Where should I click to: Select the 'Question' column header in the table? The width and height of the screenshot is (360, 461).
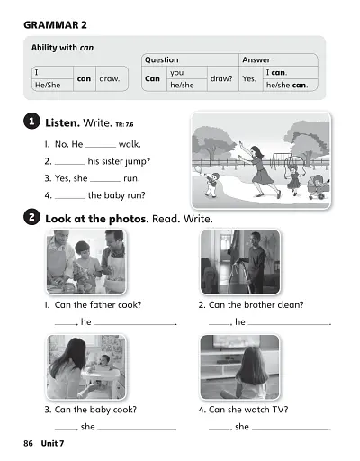pyautogui.click(x=162, y=60)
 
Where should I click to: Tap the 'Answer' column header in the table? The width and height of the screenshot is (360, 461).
pyautogui.click(x=256, y=60)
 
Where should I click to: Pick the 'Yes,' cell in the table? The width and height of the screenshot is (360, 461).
pyautogui.click(x=249, y=78)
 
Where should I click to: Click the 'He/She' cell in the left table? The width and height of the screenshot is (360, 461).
pyautogui.click(x=45, y=85)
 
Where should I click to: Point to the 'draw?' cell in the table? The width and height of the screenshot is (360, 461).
pyautogui.click(x=221, y=78)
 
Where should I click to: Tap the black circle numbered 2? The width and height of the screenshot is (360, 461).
pyautogui.click(x=31, y=219)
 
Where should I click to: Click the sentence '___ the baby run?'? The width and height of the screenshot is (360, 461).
pyautogui.click(x=94, y=195)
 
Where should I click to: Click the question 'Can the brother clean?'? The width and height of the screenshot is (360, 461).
pyautogui.click(x=251, y=304)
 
